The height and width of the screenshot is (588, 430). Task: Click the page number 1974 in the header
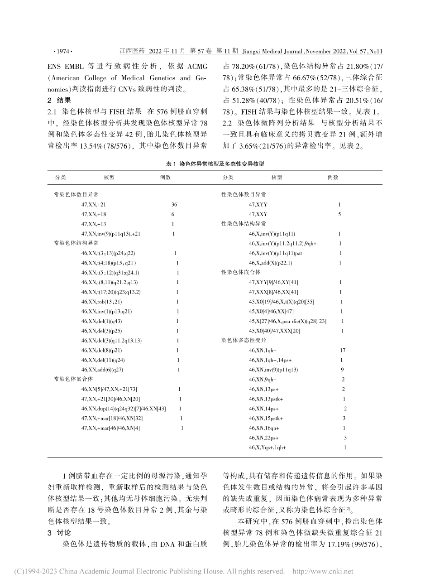63,52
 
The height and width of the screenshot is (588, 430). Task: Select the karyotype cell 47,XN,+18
94,214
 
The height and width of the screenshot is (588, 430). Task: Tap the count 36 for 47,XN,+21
174,205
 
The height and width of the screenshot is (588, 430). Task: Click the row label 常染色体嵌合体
73,379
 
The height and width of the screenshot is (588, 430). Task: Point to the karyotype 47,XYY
258,205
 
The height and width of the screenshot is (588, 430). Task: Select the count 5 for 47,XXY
339,214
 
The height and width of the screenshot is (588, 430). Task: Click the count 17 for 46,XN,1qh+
343,350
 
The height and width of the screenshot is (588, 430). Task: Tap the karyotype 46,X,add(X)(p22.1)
271,263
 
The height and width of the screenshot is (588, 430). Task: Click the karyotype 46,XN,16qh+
264,428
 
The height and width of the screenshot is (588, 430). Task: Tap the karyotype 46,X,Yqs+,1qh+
268,447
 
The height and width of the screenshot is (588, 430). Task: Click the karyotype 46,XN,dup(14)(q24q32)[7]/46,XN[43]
124,408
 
